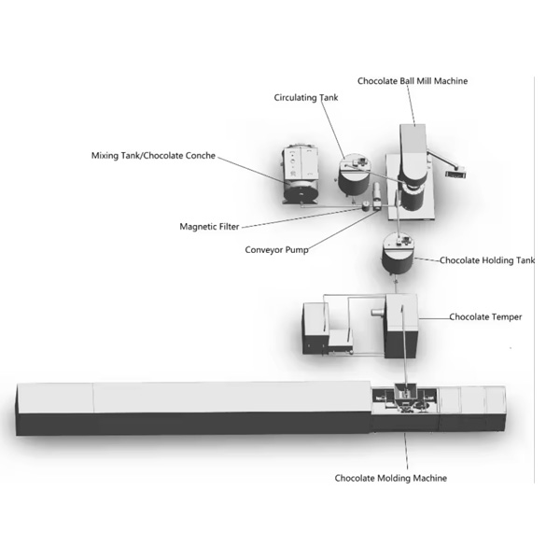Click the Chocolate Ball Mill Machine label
(x=412, y=81)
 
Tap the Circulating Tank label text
(x=305, y=97)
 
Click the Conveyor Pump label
(x=276, y=250)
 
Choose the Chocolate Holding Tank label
(x=486, y=261)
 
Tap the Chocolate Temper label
(x=484, y=317)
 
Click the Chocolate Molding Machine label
(x=390, y=478)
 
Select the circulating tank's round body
(x=354, y=175)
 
